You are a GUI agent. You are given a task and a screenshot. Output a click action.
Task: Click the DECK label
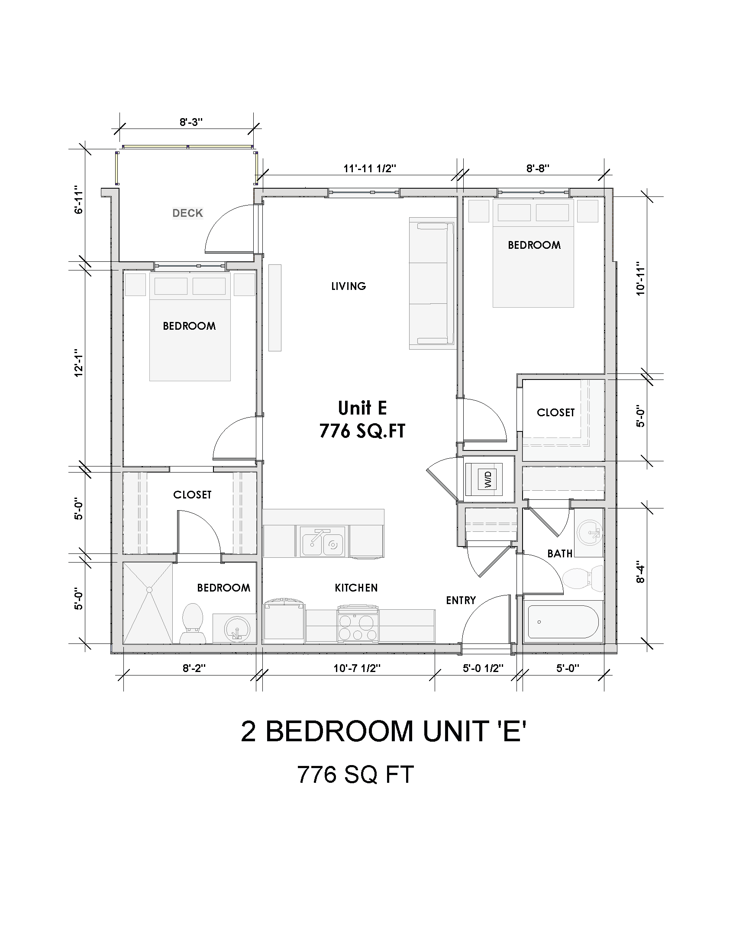tap(187, 213)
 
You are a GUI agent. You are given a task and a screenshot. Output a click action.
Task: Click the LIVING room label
tap(349, 286)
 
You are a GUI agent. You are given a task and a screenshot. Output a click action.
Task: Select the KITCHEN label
tap(356, 588)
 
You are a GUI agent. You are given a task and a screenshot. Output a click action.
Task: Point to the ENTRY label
tap(461, 601)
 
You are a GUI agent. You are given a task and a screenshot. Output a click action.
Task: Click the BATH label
tap(560, 553)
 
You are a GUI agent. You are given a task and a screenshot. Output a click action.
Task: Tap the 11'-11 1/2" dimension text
tap(370, 169)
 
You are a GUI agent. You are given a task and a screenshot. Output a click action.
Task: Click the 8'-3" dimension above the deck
tap(191, 122)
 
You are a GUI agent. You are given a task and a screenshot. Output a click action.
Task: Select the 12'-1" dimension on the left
tap(79, 363)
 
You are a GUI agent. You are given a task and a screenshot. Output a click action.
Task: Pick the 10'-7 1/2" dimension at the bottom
tap(357, 668)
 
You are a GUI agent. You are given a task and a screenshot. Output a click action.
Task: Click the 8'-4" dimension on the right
tap(640, 573)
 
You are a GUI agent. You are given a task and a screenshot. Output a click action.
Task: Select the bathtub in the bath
tap(562, 621)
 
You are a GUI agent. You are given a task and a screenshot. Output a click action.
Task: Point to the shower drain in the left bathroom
tap(149, 590)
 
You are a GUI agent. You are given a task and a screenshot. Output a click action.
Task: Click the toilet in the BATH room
tap(582, 579)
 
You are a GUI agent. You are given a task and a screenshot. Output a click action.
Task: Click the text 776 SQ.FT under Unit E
tap(362, 431)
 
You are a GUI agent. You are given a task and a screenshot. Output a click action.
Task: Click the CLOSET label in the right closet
tap(555, 412)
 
